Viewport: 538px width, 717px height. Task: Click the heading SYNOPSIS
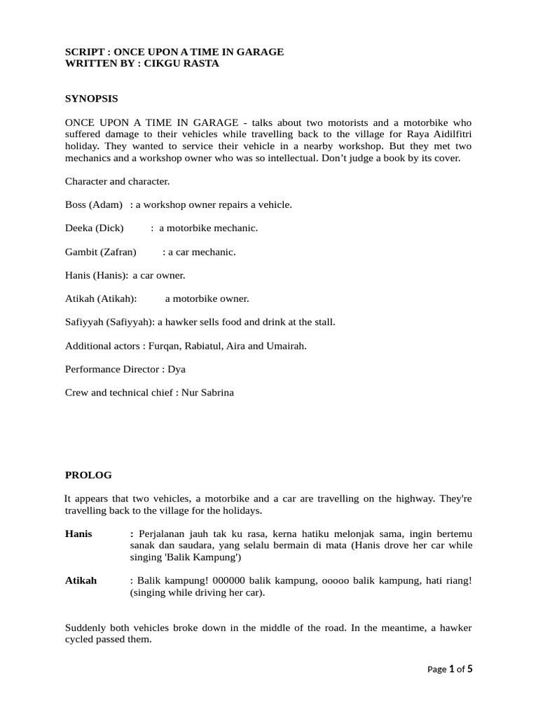click(91, 99)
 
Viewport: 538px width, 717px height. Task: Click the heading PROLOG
click(88, 475)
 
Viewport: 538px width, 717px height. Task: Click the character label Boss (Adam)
click(94, 204)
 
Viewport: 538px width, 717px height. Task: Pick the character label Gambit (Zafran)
click(100, 251)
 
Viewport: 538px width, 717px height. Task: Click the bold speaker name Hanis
click(78, 534)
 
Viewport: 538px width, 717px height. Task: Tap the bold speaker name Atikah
click(81, 580)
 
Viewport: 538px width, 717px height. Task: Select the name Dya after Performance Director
click(176, 369)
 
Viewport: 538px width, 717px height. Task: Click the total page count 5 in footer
click(470, 669)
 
